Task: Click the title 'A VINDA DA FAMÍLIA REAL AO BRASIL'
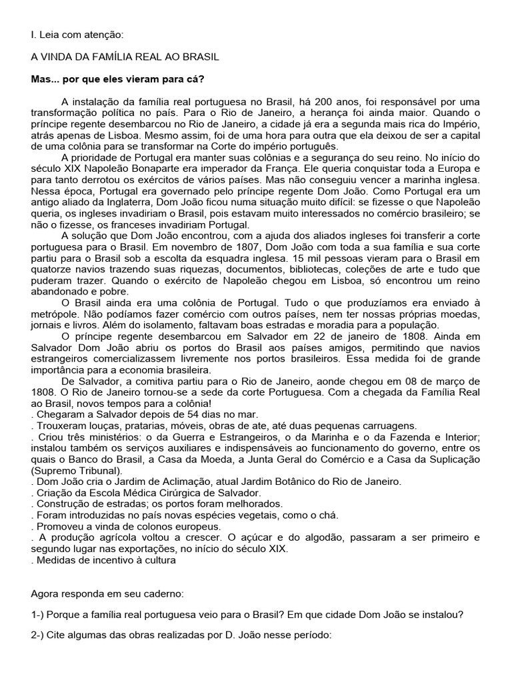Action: [125, 57]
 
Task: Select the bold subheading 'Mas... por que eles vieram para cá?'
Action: [118, 79]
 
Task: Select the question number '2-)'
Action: [39, 636]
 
